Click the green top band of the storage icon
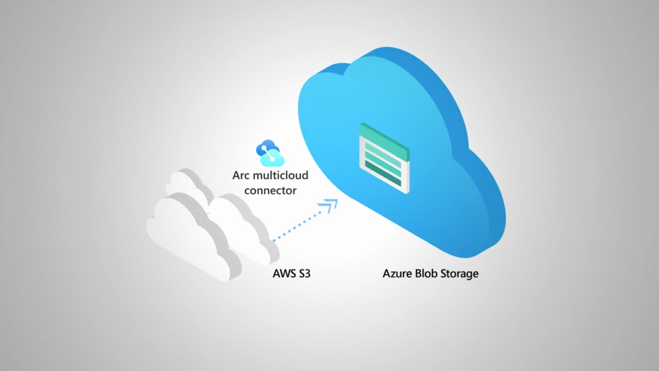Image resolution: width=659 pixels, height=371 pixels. point(382,136)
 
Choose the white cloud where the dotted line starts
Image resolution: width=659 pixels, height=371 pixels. point(241,225)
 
